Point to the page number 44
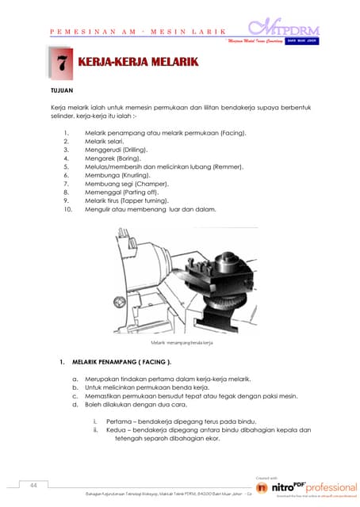[34, 484]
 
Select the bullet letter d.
[75, 405]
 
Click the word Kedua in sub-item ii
[116, 429]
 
